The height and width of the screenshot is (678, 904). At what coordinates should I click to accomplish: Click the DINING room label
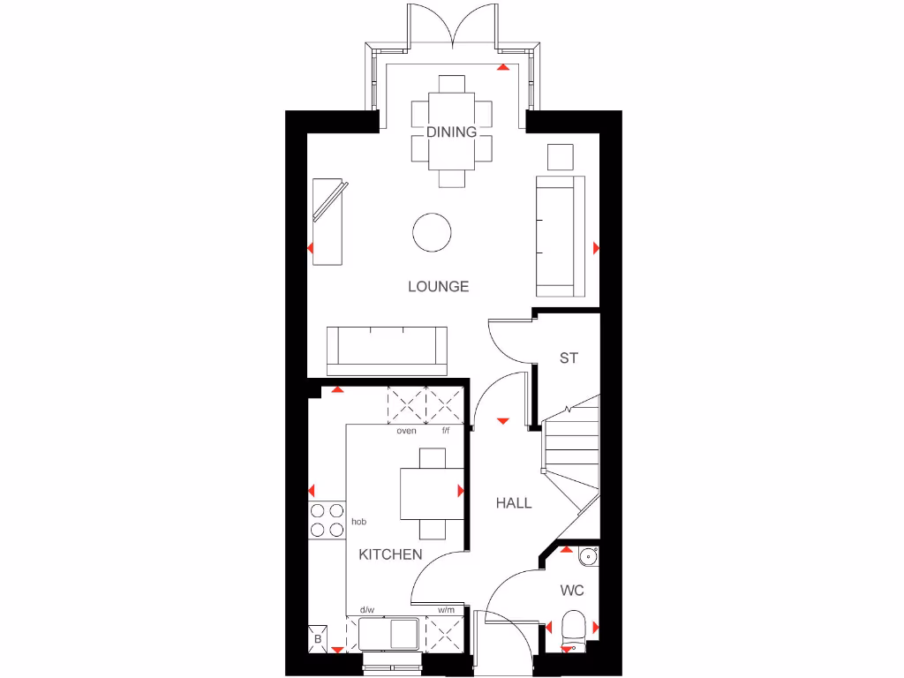point(451,132)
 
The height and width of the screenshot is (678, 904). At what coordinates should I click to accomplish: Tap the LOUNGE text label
point(438,287)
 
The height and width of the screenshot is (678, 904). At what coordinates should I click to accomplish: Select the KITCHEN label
point(390,554)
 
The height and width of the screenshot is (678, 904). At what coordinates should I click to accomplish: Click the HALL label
point(514,503)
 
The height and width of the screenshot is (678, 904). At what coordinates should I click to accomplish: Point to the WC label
point(573,591)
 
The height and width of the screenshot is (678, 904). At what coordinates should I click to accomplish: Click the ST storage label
point(569,358)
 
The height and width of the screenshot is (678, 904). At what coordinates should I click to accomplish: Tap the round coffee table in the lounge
point(433,232)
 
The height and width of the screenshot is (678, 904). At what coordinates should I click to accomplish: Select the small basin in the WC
point(589,556)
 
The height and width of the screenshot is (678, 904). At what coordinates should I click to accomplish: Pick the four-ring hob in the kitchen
point(326,520)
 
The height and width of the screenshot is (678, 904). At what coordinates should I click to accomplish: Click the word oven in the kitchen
point(406,432)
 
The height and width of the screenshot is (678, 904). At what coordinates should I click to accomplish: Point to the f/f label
point(446,432)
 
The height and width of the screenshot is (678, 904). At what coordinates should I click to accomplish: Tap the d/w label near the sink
point(366,610)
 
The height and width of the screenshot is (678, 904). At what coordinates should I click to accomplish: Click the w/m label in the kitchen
point(446,610)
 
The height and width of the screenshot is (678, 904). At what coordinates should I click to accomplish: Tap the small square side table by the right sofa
point(560,156)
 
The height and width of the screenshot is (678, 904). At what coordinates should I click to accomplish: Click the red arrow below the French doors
point(503,66)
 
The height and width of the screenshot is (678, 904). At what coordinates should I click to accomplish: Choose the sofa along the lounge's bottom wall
point(387,349)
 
